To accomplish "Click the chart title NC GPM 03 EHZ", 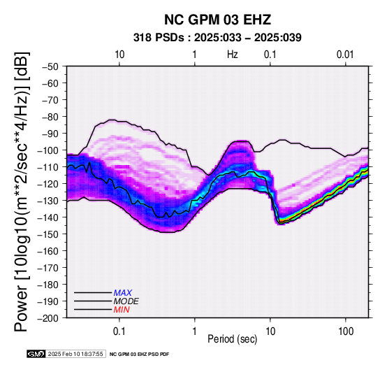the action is [217, 20].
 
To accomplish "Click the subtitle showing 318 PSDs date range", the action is [217, 38].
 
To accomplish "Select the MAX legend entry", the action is [123, 293].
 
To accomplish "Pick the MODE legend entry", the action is [126, 301].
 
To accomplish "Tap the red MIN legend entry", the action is [122, 310].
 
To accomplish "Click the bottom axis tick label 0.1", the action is [119, 331].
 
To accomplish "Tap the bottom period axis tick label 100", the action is [346, 331].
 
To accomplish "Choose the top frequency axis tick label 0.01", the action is [345, 55].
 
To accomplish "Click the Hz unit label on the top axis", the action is [233, 55].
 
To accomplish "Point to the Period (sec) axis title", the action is [232, 339].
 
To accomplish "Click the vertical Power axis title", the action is [22, 192].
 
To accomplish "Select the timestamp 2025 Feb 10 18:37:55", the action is [75, 354].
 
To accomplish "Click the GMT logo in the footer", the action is [36, 354].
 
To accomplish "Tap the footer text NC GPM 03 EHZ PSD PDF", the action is [140, 355].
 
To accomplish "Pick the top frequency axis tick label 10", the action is [119, 55].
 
